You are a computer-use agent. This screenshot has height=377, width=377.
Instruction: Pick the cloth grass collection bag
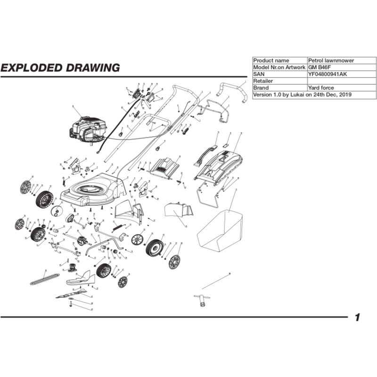click(x=219, y=231)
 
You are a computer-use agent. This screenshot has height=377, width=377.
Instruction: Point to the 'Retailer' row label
click(x=264, y=81)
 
